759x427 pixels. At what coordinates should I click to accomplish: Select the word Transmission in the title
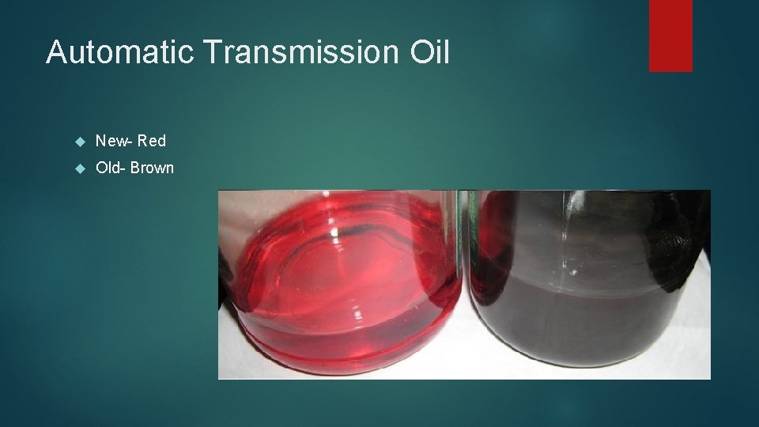302,53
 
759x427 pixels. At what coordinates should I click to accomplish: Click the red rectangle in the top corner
670,36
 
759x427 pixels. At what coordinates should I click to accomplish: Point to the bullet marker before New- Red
78,142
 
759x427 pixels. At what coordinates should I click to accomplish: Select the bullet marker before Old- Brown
78,168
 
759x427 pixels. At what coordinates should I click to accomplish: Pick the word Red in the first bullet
151,142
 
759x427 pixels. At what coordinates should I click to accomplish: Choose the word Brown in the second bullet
153,168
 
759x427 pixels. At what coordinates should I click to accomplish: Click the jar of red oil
340,285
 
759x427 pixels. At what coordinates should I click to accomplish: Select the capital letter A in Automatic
55,53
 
